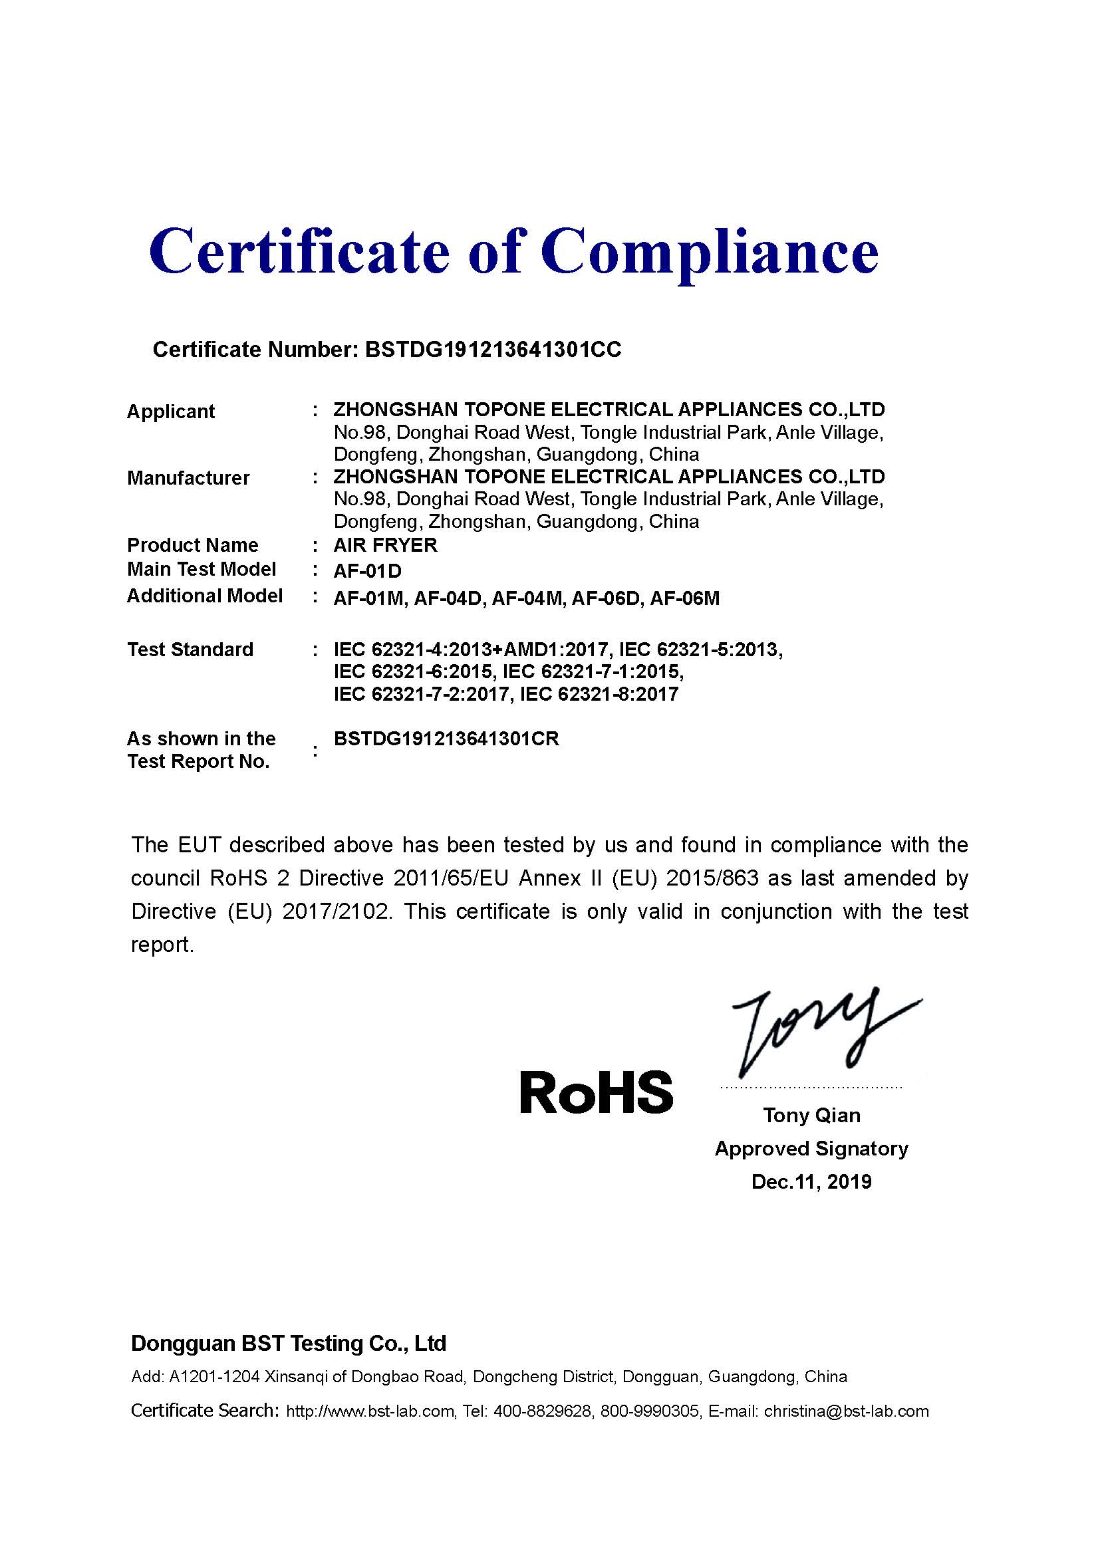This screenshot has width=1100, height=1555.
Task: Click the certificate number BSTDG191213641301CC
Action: [493, 350]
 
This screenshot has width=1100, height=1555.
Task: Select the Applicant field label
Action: [171, 411]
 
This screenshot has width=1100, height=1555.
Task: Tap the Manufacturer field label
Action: [188, 478]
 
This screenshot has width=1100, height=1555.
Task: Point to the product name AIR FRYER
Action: [386, 545]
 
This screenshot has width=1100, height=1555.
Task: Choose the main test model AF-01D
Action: [368, 571]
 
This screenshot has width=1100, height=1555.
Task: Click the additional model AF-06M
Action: [684, 598]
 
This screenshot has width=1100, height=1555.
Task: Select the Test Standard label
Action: [190, 650]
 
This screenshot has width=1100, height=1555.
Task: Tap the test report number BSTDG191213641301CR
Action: [446, 739]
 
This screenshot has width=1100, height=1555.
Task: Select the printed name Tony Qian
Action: [811, 1116]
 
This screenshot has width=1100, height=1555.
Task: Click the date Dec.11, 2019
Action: [811, 1182]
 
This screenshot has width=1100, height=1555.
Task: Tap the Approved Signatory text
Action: [811, 1149]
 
